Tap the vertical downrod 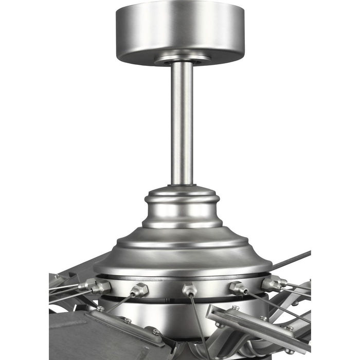(x=182, y=123)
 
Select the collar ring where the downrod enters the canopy (x=182, y=60)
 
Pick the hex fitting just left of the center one (x=139, y=290)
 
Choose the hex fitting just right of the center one (x=238, y=288)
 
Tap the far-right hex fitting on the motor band (x=273, y=282)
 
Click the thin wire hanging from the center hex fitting (x=198, y=324)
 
